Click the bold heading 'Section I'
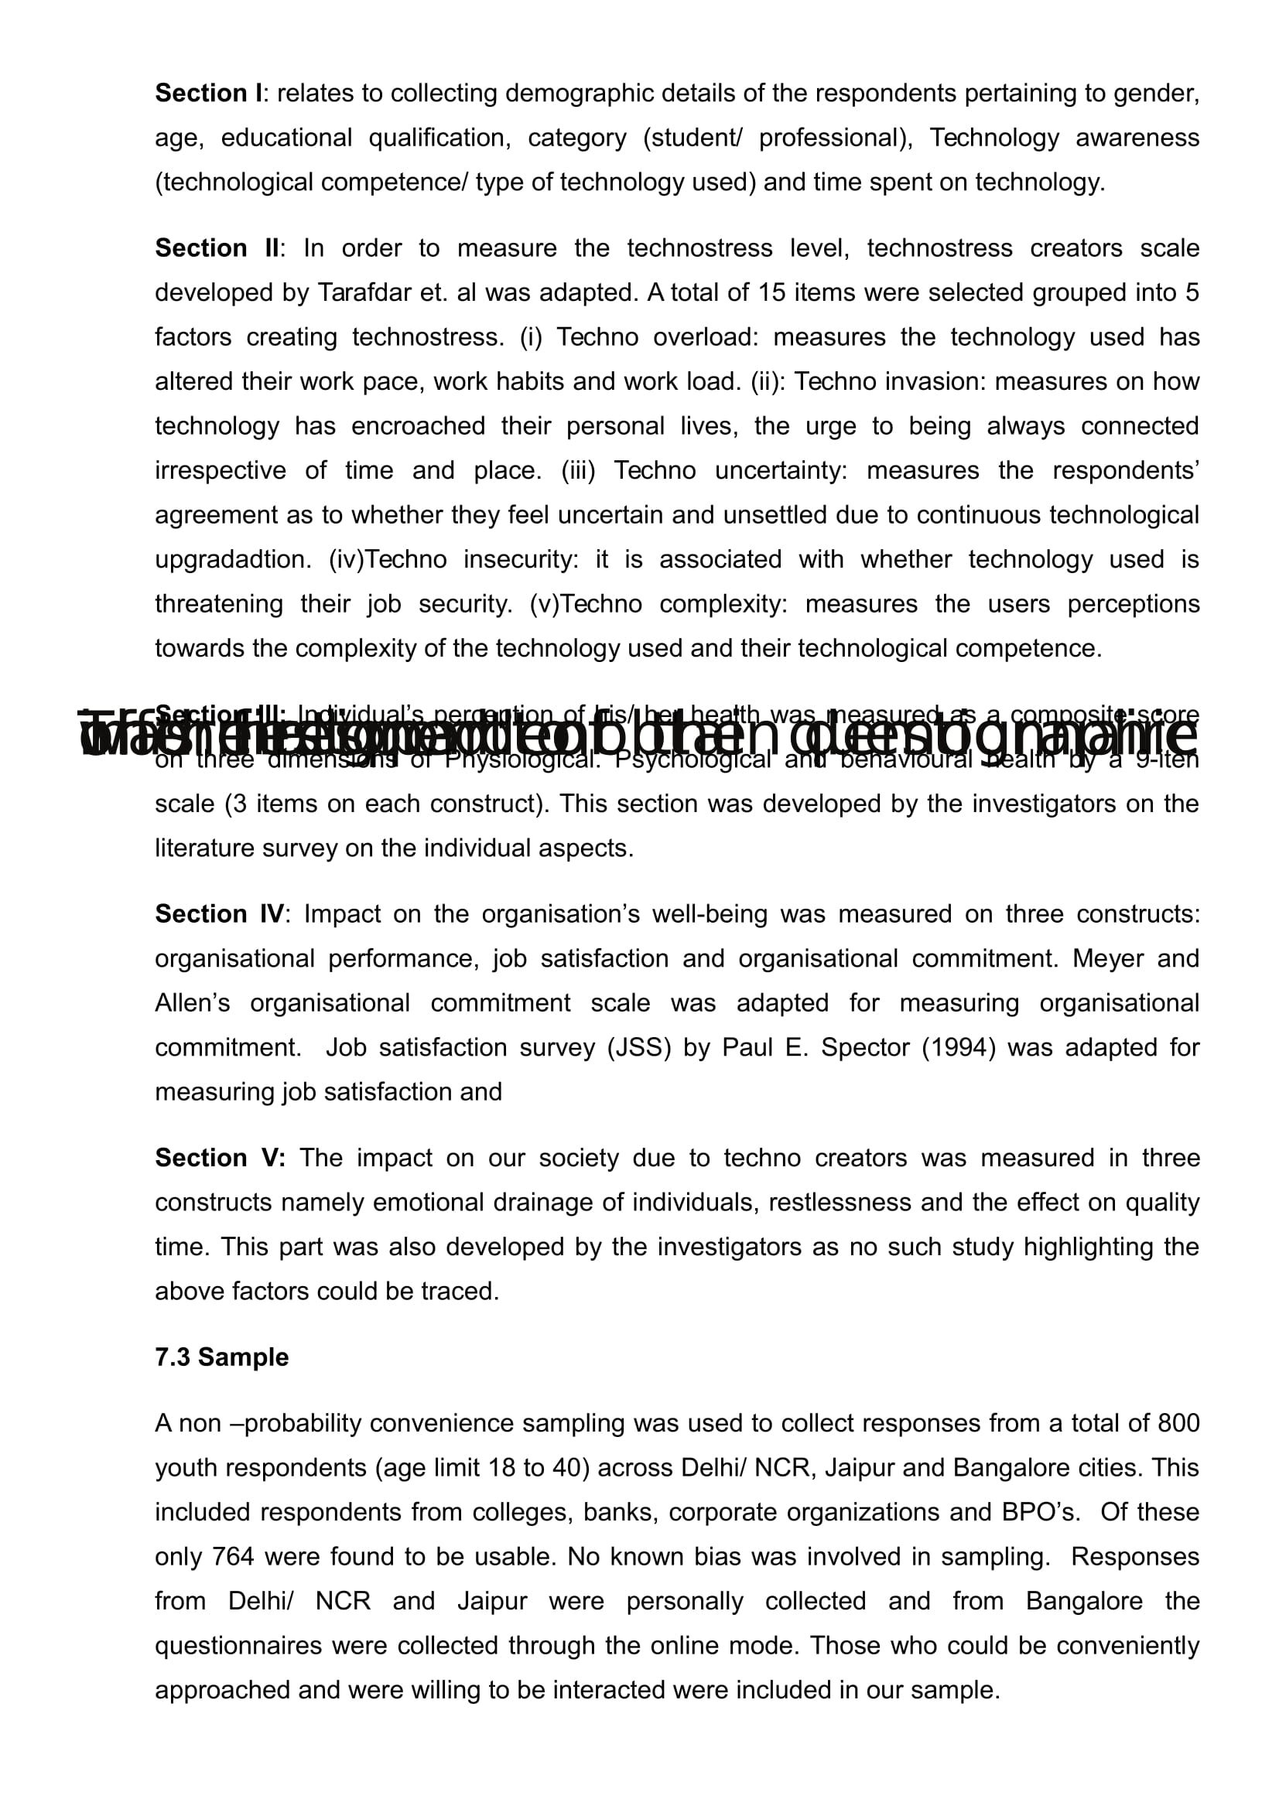[208, 94]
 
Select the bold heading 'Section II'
[217, 248]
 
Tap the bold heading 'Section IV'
[219, 914]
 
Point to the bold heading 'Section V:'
[220, 1158]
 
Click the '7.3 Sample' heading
[221, 1357]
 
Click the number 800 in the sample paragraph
[1179, 1423]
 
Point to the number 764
[233, 1556]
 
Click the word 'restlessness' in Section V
[837, 1203]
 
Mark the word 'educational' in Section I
[286, 138]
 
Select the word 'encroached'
[418, 426]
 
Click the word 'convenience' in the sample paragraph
[470, 1423]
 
